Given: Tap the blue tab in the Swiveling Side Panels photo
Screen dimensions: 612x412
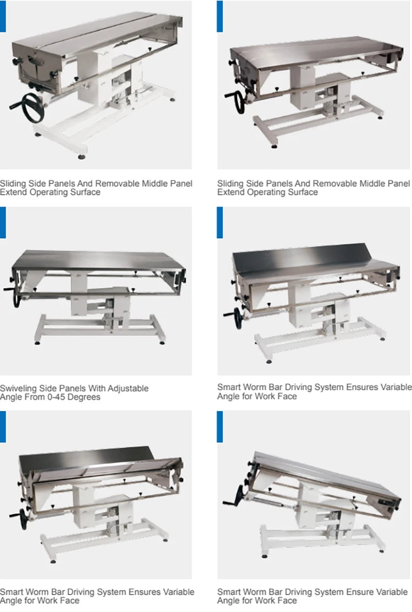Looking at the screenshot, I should pos(3,223).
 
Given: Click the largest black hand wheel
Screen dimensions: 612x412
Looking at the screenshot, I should pos(32,109).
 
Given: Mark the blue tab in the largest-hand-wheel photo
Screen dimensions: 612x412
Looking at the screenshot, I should pos(3,16).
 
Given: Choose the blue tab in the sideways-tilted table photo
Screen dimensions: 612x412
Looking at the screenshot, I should pos(220,426).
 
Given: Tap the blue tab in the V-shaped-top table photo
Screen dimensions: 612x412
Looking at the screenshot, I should pos(3,426).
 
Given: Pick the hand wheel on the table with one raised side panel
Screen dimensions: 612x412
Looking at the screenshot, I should pos(238,317).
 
